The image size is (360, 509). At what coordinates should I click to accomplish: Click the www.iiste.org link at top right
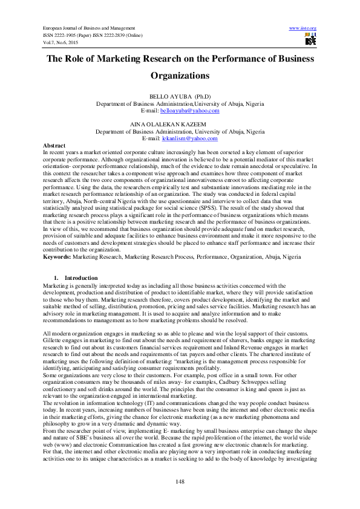coord(303,28)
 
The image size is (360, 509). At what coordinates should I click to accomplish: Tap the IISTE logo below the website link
coord(310,40)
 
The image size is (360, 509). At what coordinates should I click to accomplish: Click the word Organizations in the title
coord(179,76)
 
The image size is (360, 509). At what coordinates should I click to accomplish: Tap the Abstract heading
coord(54,146)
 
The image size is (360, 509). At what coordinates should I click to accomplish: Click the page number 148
coord(180,481)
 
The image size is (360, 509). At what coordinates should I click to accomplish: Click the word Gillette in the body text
coord(54,340)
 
